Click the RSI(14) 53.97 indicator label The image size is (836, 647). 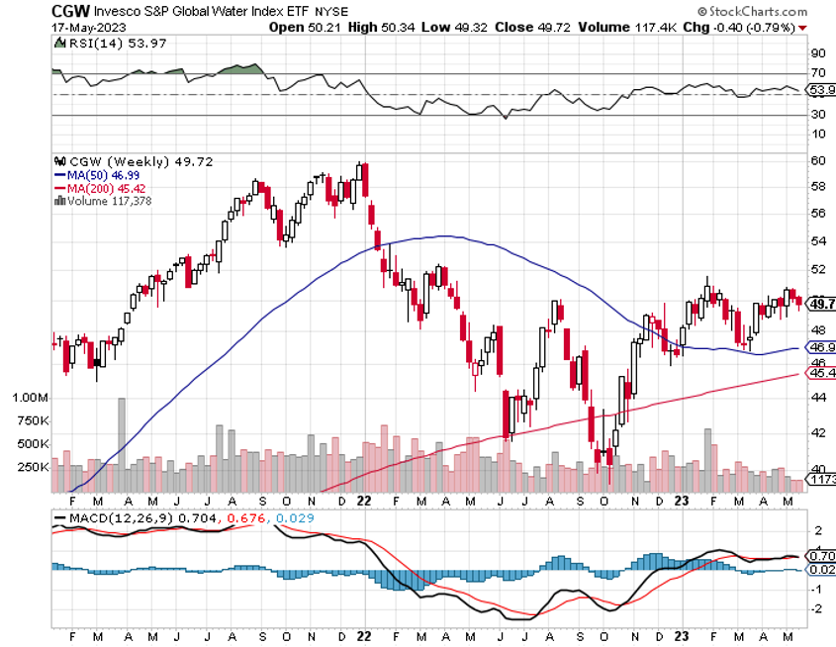(x=99, y=44)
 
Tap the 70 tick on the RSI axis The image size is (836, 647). (x=817, y=73)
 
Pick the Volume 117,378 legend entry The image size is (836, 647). (x=108, y=200)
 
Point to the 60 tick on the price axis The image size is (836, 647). (x=817, y=160)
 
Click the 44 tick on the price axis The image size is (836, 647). (x=817, y=397)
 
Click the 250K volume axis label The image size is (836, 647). (x=33, y=466)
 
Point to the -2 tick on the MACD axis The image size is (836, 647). (x=817, y=608)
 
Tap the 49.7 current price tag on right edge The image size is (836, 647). (x=819, y=305)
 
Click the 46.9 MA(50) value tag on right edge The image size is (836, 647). (x=819, y=348)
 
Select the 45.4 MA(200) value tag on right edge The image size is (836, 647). (x=819, y=373)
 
